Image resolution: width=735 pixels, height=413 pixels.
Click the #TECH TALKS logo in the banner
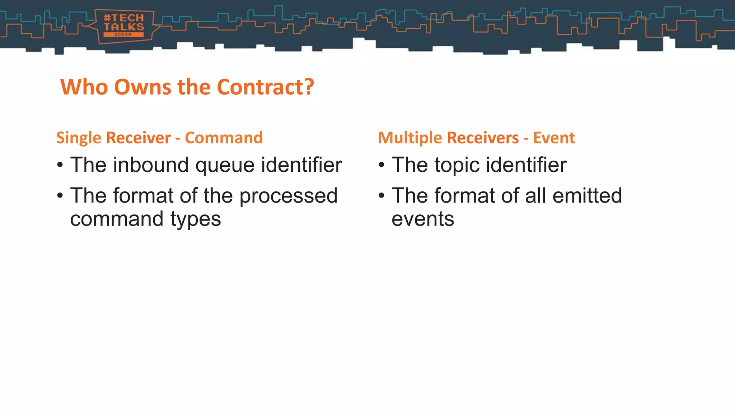coord(124,26)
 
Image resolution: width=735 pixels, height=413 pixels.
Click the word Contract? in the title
coord(265,87)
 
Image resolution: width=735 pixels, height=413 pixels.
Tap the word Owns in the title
coord(142,87)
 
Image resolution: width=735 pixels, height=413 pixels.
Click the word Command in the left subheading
coord(224,138)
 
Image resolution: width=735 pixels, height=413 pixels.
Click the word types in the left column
coord(196,219)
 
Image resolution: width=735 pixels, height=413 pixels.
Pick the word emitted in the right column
coord(587,196)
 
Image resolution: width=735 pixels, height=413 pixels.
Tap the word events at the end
coord(422,219)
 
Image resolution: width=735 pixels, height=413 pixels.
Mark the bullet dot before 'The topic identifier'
coord(381,165)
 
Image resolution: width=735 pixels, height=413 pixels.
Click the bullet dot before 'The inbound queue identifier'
coord(60,165)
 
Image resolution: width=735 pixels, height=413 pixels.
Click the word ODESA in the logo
coord(123,35)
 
